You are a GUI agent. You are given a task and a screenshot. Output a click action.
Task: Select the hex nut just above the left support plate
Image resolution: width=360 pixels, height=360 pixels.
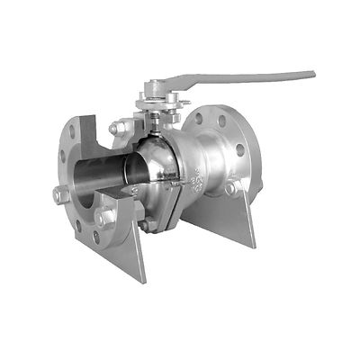(x=103, y=217)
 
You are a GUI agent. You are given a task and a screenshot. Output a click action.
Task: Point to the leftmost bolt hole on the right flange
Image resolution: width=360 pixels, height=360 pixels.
(x=199, y=117)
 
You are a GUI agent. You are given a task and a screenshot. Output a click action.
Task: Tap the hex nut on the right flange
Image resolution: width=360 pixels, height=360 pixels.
(x=232, y=187)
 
